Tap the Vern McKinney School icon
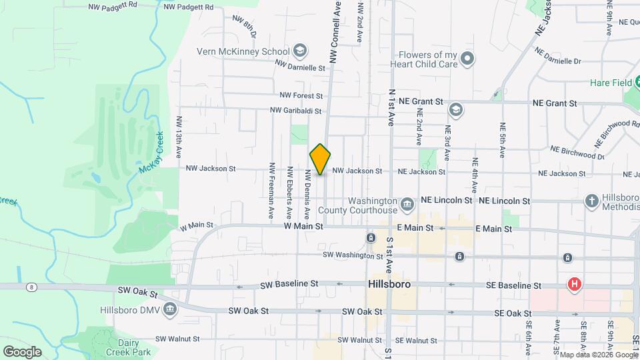pyautogui.click(x=300, y=51)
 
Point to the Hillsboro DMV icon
pyautogui.click(x=169, y=309)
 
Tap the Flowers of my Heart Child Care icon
pyautogui.click(x=468, y=59)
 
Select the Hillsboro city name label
pyautogui.click(x=389, y=284)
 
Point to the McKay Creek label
pyautogui.click(x=150, y=155)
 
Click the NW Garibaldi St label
pyautogui.click(x=296, y=111)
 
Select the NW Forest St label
pyautogui.click(x=301, y=96)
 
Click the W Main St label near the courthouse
pyautogui.click(x=303, y=227)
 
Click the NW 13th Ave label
pyautogui.click(x=179, y=137)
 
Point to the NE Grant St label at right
pyautogui.click(x=554, y=103)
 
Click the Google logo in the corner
pyautogui.click(x=23, y=351)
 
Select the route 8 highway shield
pyautogui.click(x=31, y=287)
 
